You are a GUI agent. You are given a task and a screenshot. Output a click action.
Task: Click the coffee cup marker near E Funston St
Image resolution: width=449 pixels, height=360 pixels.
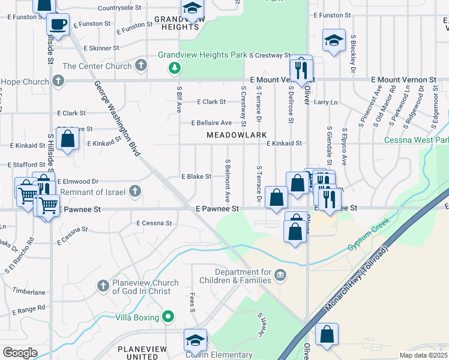point(58,25)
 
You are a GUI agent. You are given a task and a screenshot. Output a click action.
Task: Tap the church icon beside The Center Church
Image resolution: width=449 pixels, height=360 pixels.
point(141,65)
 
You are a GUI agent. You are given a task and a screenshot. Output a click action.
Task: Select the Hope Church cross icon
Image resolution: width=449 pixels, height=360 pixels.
point(58,80)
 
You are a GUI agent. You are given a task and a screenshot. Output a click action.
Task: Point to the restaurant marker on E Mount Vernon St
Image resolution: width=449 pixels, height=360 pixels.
point(301,70)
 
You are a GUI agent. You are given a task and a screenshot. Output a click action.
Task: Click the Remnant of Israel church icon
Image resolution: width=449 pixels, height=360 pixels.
point(135,191)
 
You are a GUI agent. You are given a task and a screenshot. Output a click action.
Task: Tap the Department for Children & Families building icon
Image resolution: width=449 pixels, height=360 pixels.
point(280,275)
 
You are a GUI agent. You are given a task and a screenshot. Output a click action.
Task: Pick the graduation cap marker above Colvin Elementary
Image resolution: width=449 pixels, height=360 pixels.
point(195,340)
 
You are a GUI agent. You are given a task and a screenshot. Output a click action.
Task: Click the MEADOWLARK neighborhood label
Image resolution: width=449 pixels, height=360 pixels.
point(232,136)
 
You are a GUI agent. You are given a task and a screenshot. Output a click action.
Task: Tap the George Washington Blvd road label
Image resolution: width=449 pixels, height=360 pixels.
point(117,118)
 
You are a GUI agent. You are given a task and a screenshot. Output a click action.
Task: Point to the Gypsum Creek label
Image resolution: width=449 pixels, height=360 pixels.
point(368,235)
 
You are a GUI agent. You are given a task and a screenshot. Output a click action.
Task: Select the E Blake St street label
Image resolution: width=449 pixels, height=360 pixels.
point(196,176)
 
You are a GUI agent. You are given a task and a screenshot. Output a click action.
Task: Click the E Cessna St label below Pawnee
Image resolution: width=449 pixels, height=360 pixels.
point(154,223)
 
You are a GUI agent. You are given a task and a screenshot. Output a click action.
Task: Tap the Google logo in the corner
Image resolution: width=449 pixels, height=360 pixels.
point(20,353)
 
